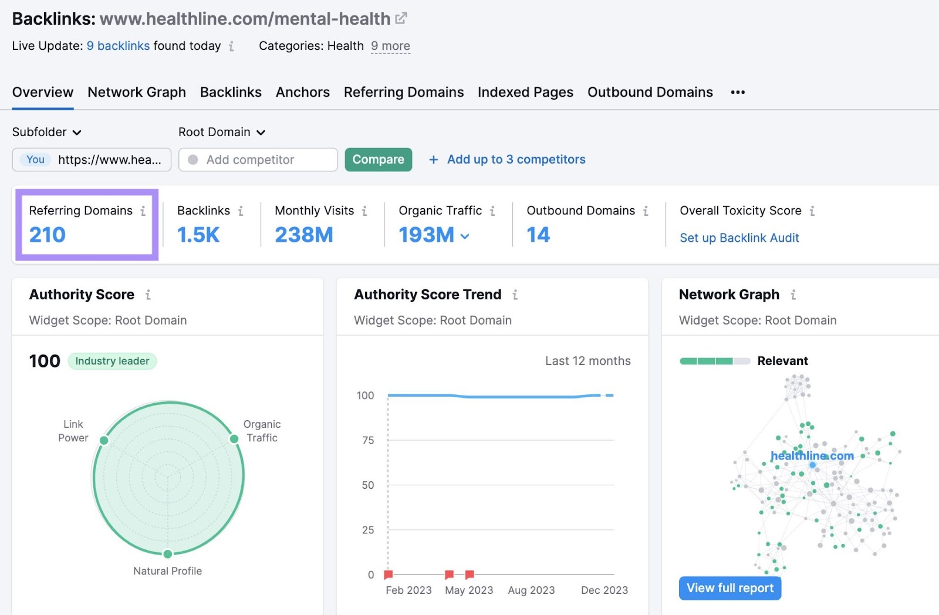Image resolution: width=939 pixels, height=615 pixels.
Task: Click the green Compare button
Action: tap(378, 160)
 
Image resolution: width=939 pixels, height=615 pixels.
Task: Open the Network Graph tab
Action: tap(137, 92)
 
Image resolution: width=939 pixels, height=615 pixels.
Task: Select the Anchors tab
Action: tap(302, 92)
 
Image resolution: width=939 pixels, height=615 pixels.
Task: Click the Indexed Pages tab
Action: tap(525, 92)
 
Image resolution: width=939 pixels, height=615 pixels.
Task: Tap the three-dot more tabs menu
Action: tap(738, 92)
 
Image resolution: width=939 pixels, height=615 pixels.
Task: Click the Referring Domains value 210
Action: tap(48, 235)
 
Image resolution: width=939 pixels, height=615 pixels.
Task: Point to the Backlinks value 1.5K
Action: tap(198, 235)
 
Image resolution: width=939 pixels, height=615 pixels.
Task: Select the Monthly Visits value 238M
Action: tap(303, 235)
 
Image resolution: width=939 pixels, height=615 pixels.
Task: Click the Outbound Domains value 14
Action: tap(538, 235)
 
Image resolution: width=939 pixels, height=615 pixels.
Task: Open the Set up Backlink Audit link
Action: tap(739, 238)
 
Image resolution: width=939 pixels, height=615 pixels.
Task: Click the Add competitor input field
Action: tap(258, 160)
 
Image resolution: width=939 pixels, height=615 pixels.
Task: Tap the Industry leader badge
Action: tap(112, 361)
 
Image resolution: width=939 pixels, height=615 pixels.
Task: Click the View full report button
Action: tap(729, 588)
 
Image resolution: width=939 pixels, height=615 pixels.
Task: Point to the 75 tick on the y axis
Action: tap(368, 440)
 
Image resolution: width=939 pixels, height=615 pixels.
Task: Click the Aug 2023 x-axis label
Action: tap(531, 590)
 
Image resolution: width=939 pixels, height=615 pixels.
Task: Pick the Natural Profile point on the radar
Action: tap(168, 554)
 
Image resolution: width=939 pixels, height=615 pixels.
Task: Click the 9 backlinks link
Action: tap(118, 46)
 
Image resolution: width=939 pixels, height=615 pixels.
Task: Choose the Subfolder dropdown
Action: tap(46, 132)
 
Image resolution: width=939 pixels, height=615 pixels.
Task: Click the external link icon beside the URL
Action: tap(401, 18)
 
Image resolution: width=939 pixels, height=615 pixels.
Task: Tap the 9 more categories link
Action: tap(390, 46)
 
